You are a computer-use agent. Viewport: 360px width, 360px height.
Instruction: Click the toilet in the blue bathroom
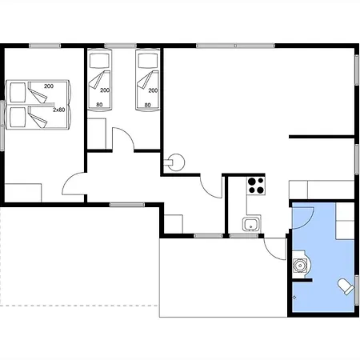[346, 286]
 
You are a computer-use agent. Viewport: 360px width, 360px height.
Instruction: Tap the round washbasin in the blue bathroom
[300, 266]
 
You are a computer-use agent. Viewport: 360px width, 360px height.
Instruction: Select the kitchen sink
[250, 224]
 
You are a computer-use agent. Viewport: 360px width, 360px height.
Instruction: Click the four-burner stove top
[256, 186]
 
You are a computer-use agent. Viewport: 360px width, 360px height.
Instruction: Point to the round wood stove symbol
[175, 162]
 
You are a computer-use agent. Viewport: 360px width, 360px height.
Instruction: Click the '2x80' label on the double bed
[59, 110]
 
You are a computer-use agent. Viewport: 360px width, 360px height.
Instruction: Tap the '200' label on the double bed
[49, 86]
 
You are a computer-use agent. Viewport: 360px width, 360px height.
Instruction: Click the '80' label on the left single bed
[99, 105]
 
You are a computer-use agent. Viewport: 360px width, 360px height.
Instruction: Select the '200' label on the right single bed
[153, 90]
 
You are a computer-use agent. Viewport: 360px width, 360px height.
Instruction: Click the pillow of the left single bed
[99, 60]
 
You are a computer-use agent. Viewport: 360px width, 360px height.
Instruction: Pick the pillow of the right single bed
[148, 60]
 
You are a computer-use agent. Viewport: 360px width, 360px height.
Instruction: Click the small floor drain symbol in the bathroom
[294, 297]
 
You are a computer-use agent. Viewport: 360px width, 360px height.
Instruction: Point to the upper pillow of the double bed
[18, 92]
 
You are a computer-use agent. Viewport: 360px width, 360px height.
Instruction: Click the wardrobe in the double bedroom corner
[23, 193]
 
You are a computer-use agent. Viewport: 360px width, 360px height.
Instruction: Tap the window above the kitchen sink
[244, 236]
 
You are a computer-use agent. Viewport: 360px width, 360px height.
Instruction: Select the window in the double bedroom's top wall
[45, 46]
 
